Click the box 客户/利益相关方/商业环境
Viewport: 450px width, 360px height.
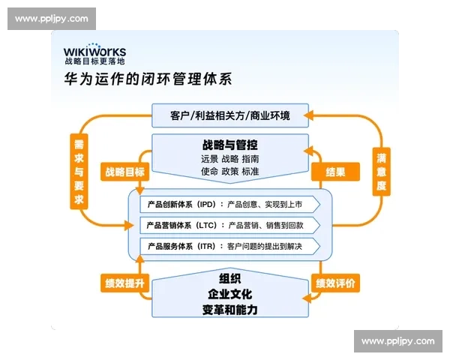coord(230,116)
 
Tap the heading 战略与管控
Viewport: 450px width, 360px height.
coord(230,144)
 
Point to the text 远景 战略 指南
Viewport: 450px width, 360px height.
coord(230,159)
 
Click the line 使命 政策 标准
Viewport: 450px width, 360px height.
coord(230,172)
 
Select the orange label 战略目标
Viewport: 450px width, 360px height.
coord(125,172)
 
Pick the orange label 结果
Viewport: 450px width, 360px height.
coord(335,172)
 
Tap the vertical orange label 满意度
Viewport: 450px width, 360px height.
coord(381,172)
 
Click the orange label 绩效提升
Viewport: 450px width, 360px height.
coord(124,283)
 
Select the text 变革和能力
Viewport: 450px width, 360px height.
coord(230,308)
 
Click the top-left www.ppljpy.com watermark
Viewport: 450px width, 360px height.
coord(51,18)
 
